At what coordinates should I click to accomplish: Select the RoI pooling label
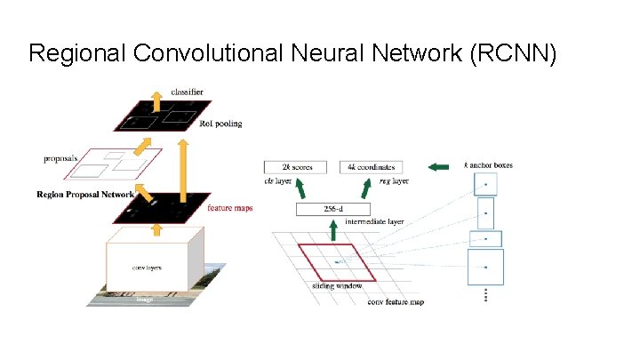[x=221, y=124]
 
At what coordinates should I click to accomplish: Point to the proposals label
[x=60, y=159]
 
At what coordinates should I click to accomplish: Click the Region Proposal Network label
[x=85, y=194]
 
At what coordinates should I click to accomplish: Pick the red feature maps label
[x=229, y=208]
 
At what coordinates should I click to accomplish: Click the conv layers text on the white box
[x=147, y=266]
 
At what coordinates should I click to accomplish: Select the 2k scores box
[x=295, y=167]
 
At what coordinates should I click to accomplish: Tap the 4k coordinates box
[x=371, y=167]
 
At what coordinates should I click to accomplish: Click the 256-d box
[x=332, y=210]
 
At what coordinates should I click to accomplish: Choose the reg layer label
[x=393, y=180]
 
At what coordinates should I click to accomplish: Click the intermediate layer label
[x=374, y=221]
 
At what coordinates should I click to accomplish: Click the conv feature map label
[x=396, y=302]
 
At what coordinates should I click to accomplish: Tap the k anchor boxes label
[x=488, y=165]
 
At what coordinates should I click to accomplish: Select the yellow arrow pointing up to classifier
[x=156, y=104]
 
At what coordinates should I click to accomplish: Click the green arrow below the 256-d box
[x=332, y=230]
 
